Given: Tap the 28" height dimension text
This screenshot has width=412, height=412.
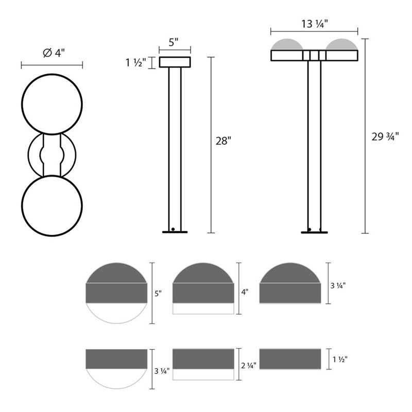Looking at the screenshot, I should click(x=223, y=141).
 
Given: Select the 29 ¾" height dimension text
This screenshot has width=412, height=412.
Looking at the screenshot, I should click(x=385, y=136).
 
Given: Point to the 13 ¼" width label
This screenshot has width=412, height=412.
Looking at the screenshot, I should click(x=314, y=23).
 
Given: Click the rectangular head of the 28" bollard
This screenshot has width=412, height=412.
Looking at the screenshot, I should click(x=175, y=62).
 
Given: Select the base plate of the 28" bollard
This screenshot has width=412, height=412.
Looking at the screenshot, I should click(x=175, y=232).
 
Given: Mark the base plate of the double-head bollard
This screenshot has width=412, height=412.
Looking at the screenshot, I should click(x=314, y=232).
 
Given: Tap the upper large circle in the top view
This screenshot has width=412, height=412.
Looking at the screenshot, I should click(x=51, y=105).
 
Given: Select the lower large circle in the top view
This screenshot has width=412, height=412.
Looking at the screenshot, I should click(x=51, y=206).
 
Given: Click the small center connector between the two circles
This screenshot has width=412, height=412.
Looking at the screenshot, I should click(x=51, y=155).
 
